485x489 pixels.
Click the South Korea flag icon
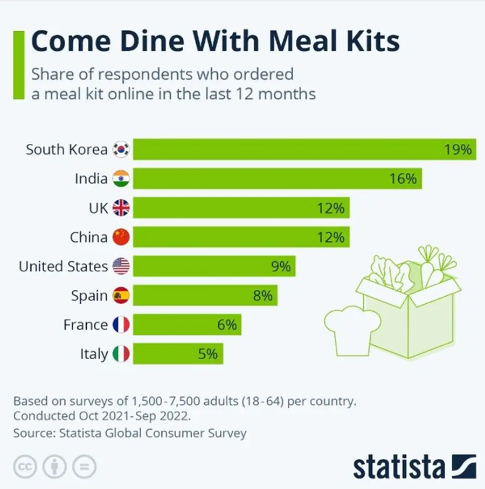(x=121, y=150)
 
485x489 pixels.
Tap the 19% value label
(x=458, y=150)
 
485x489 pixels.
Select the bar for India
(x=277, y=179)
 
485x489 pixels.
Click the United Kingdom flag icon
(x=121, y=208)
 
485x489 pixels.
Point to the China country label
(x=88, y=237)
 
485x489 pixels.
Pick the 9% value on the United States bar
(x=281, y=266)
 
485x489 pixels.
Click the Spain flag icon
(x=121, y=295)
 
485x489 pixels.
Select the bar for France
(x=186, y=325)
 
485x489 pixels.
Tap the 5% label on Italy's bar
(x=207, y=354)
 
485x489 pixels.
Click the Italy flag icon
(x=121, y=354)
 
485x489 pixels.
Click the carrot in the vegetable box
(x=434, y=269)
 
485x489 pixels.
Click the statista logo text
(x=399, y=466)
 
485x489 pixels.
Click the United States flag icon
(x=121, y=266)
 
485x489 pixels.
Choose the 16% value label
(x=403, y=179)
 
